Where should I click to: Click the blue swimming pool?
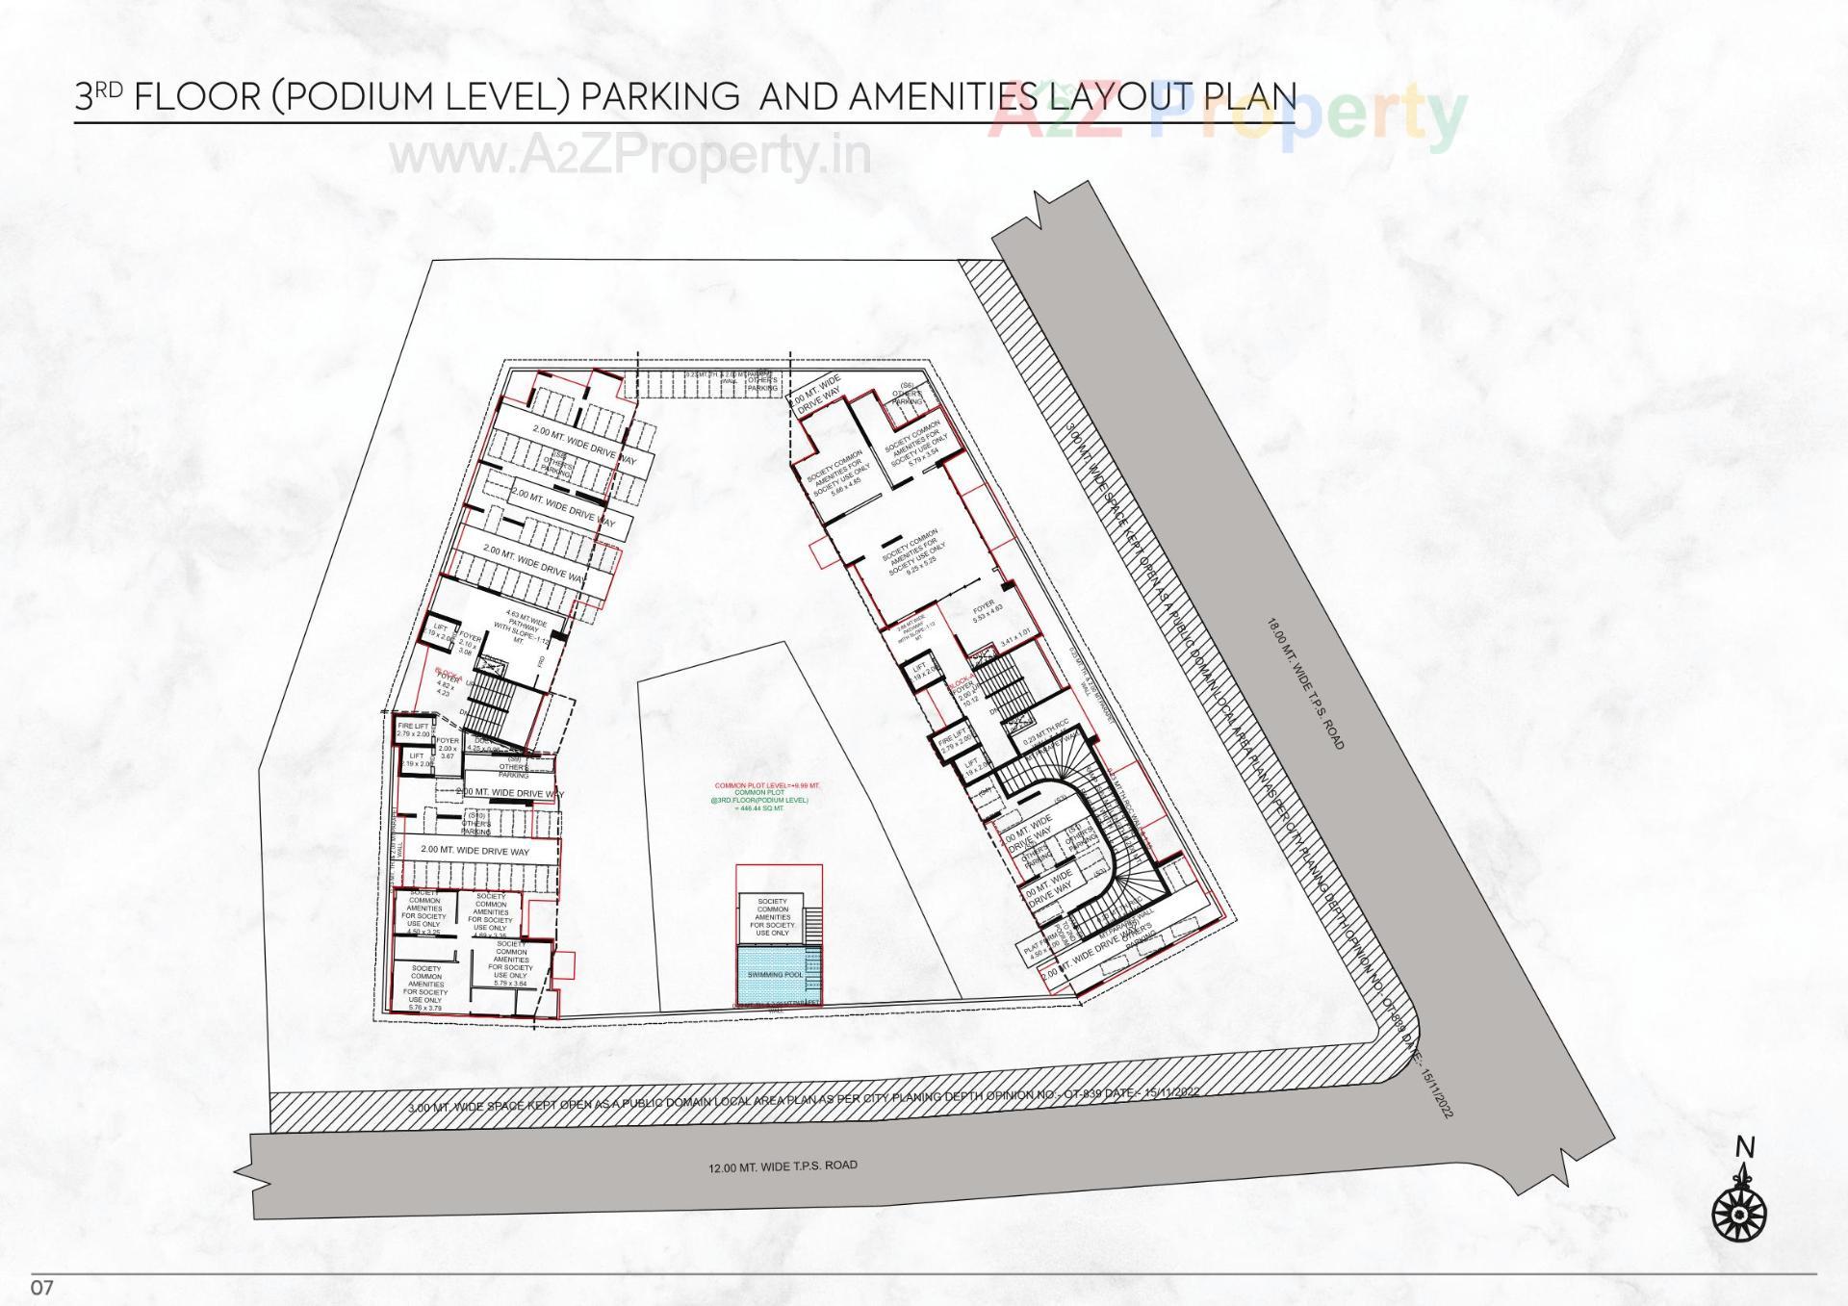[x=775, y=974]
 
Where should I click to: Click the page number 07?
[x=40, y=1287]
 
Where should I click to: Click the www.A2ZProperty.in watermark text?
[x=630, y=155]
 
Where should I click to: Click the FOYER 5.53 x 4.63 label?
[x=987, y=611]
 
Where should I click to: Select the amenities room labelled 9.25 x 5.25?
[x=914, y=552]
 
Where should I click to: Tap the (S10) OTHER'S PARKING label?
[x=475, y=824]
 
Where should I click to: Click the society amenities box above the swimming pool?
[x=773, y=917]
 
